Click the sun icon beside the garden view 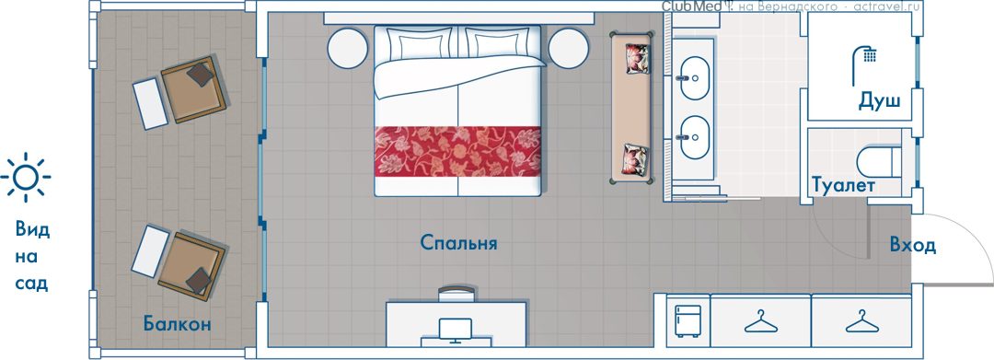pyautogui.click(x=26, y=178)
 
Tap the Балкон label pyautogui.click(x=177, y=324)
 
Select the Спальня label pyautogui.click(x=458, y=243)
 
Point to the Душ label pyautogui.click(x=879, y=101)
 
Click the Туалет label pyautogui.click(x=843, y=185)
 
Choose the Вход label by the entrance pyautogui.click(x=912, y=245)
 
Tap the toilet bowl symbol pyautogui.click(x=879, y=162)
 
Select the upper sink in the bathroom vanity pyautogui.click(x=695, y=78)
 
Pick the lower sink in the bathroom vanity pyautogui.click(x=695, y=137)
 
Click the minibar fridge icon pyautogui.click(x=688, y=320)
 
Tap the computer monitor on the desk pyautogui.click(x=456, y=329)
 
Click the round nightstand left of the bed pyautogui.click(x=348, y=48)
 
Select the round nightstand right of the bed pyautogui.click(x=570, y=48)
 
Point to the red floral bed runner pyautogui.click(x=457, y=152)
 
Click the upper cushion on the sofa pyautogui.click(x=637, y=58)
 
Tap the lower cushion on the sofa pyautogui.click(x=636, y=159)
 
